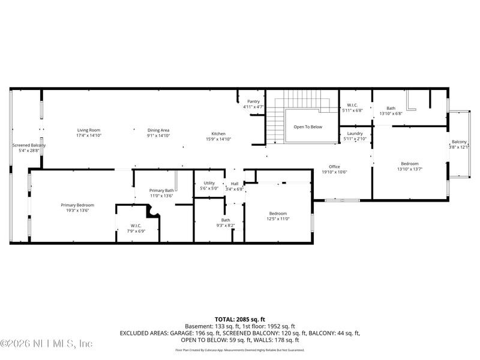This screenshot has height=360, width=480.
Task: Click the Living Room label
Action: (88, 130)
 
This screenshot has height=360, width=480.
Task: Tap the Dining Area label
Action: (159, 130)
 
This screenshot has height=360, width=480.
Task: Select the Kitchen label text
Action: (218, 133)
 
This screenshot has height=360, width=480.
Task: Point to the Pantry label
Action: (253, 101)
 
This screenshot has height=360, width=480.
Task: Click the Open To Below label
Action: (308, 127)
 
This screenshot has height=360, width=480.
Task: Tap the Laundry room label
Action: (355, 133)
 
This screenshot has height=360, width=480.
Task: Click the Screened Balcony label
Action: (29, 145)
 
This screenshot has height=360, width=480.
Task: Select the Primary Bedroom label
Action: (77, 205)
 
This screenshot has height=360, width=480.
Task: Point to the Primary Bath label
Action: (161, 191)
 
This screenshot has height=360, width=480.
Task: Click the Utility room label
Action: (209, 183)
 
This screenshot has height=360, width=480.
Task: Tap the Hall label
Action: (235, 184)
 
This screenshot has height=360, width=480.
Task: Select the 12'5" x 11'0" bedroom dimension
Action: (278, 219)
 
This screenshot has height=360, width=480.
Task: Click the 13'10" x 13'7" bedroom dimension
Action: (410, 169)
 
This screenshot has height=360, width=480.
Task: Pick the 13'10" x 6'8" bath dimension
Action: (391, 113)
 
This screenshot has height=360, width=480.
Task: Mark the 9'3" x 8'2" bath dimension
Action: (226, 226)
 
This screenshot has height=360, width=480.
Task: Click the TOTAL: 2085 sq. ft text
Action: (240, 319)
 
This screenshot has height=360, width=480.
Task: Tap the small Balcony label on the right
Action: (460, 142)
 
